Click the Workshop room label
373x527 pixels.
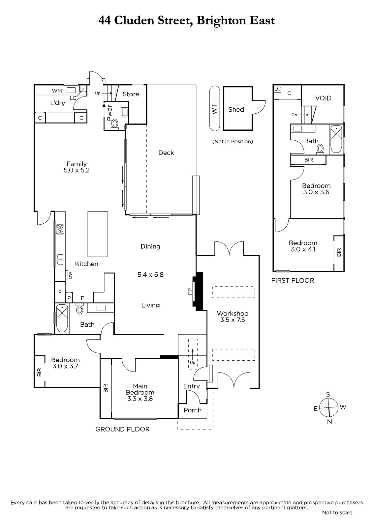(232, 313)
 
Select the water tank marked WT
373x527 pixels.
(214, 108)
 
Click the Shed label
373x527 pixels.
(236, 109)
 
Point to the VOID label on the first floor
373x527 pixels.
(323, 98)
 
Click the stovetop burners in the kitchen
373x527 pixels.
(60, 229)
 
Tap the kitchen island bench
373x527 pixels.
(98, 234)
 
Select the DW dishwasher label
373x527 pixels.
(70, 275)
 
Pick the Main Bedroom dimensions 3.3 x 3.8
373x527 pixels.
(140, 399)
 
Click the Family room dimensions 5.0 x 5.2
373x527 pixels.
(77, 170)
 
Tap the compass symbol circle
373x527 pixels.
(329, 408)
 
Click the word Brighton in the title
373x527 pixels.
(221, 21)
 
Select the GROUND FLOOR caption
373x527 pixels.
(123, 429)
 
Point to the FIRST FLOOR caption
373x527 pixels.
(293, 280)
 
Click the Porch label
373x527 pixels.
(193, 410)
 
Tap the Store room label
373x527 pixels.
(131, 94)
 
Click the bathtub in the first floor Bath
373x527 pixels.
(336, 139)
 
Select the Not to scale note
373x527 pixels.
(337, 513)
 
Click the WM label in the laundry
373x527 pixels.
(57, 91)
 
